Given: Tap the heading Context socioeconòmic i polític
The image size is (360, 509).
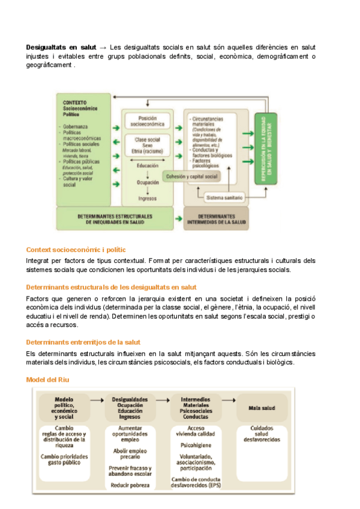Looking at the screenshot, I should (76, 250).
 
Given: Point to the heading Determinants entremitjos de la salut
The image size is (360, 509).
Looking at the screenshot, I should (83, 342).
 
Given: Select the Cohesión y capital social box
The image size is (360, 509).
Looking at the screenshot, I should (192, 176).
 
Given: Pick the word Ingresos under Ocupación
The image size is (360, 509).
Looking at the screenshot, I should (147, 198).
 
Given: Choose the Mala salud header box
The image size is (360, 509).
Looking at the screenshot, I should (262, 408).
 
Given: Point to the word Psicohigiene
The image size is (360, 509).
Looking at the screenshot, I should (196, 445).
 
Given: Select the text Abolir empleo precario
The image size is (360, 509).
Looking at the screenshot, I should (130, 453).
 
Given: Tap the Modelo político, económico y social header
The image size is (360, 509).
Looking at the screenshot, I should (64, 408).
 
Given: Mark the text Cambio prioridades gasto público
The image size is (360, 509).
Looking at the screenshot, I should (64, 459).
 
